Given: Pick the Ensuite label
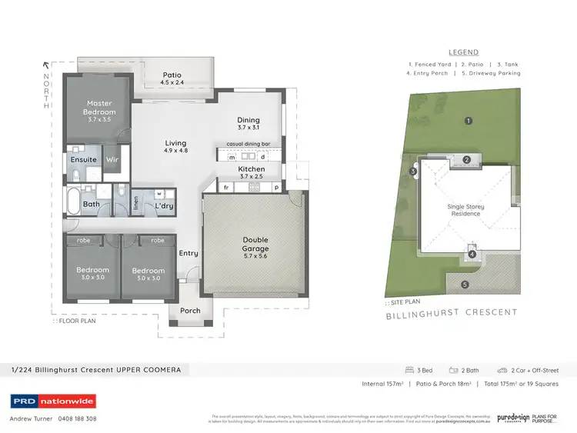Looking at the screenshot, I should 83,160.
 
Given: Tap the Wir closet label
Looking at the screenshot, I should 111,160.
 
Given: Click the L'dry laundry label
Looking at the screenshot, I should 163,206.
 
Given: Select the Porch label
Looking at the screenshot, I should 190,311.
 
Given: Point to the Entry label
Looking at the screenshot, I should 188,253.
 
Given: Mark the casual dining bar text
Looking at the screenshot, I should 247,144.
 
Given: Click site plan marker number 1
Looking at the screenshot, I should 468,120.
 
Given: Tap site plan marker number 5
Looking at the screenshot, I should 465,285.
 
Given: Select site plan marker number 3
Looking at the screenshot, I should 413,171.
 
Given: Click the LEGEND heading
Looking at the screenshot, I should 465,52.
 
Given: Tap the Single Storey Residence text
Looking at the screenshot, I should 465,210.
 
